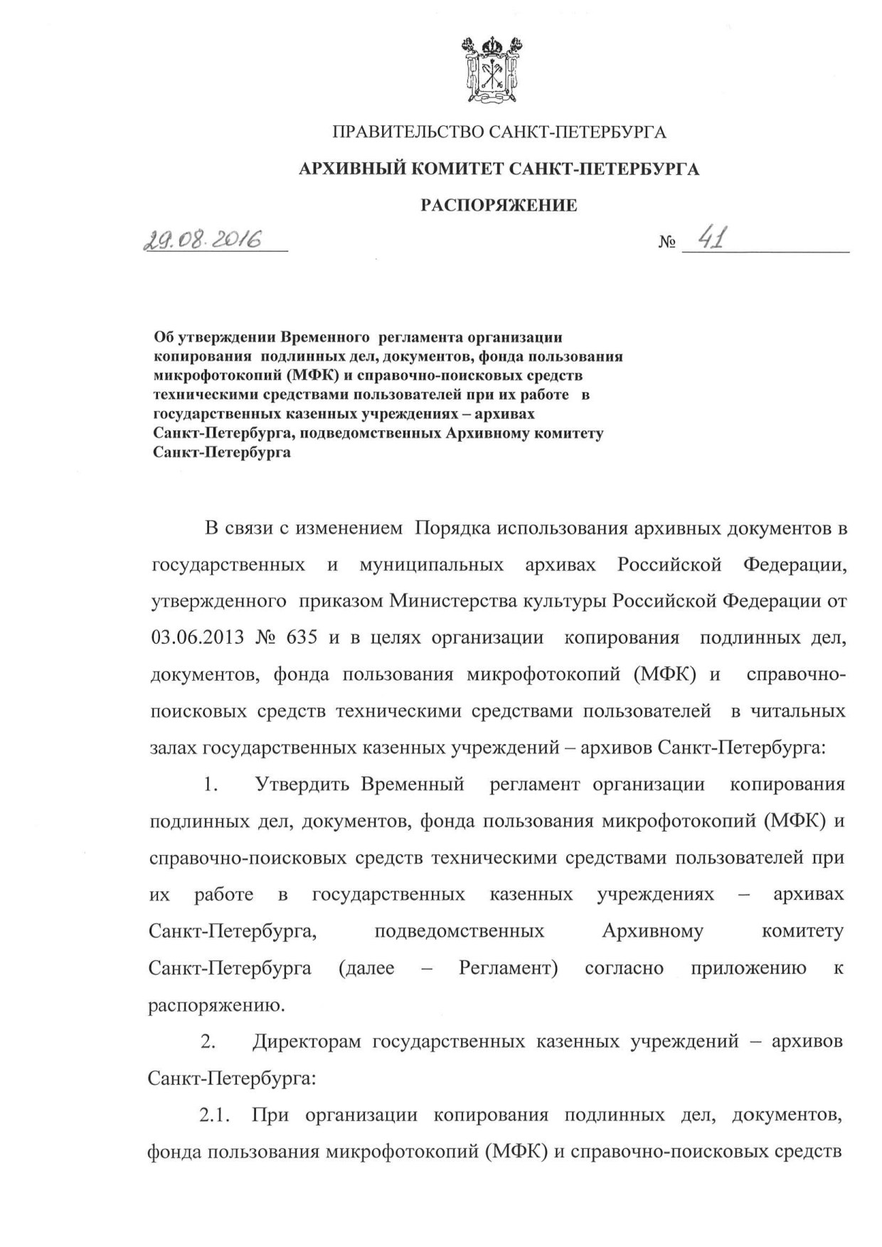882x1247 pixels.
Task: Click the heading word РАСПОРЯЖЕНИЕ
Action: (x=499, y=206)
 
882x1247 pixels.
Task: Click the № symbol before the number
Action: (x=666, y=243)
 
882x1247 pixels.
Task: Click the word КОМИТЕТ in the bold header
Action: (x=452, y=169)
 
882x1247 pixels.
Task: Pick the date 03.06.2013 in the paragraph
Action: (x=196, y=637)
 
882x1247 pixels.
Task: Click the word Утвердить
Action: (x=302, y=785)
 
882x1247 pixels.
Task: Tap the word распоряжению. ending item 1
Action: (x=217, y=1005)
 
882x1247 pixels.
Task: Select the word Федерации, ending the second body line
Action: (x=794, y=565)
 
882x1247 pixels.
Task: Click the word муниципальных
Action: (x=432, y=565)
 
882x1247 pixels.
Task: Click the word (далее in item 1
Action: (x=366, y=968)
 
